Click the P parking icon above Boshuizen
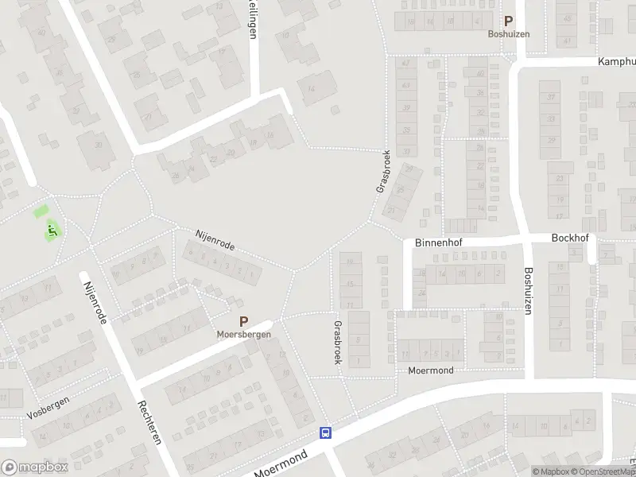(x=508, y=22)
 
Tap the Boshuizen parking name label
(x=508, y=35)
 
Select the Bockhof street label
(x=568, y=238)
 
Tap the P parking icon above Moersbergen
(x=244, y=323)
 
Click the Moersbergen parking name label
(x=244, y=335)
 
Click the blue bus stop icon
(x=325, y=433)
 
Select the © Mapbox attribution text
(x=550, y=471)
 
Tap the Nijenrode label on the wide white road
(x=93, y=301)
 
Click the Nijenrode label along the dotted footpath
(x=215, y=240)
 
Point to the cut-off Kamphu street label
(x=616, y=61)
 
